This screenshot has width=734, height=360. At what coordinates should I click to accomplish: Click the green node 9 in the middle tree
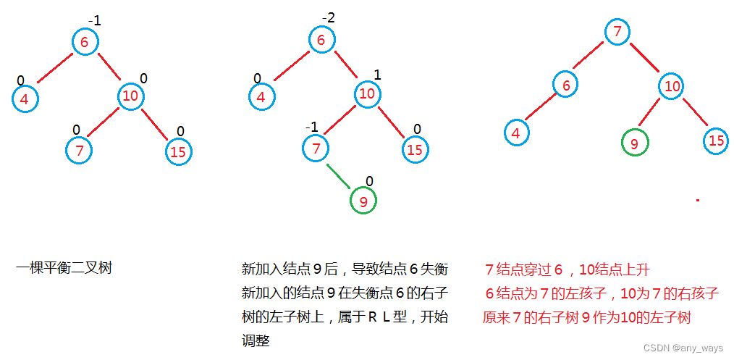363,200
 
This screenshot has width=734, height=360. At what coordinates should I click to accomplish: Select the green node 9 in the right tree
635,143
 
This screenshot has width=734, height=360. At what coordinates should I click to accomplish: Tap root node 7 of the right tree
617,32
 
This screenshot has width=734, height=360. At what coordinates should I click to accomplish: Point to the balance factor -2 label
329,17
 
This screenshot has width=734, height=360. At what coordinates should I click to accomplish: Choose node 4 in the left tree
25,99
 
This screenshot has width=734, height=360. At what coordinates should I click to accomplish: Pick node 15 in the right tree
717,141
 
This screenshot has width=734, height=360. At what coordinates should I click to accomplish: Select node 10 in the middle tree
368,93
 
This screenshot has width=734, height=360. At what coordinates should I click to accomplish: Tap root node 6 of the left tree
85,42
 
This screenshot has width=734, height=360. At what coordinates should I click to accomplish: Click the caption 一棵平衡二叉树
64,269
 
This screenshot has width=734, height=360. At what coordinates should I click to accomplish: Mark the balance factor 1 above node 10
377,75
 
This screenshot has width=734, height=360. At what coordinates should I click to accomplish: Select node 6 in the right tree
566,85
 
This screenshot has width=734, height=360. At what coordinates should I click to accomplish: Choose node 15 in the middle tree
414,150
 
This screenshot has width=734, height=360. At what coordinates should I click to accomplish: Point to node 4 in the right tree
516,133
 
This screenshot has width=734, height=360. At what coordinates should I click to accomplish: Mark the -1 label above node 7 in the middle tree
311,127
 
